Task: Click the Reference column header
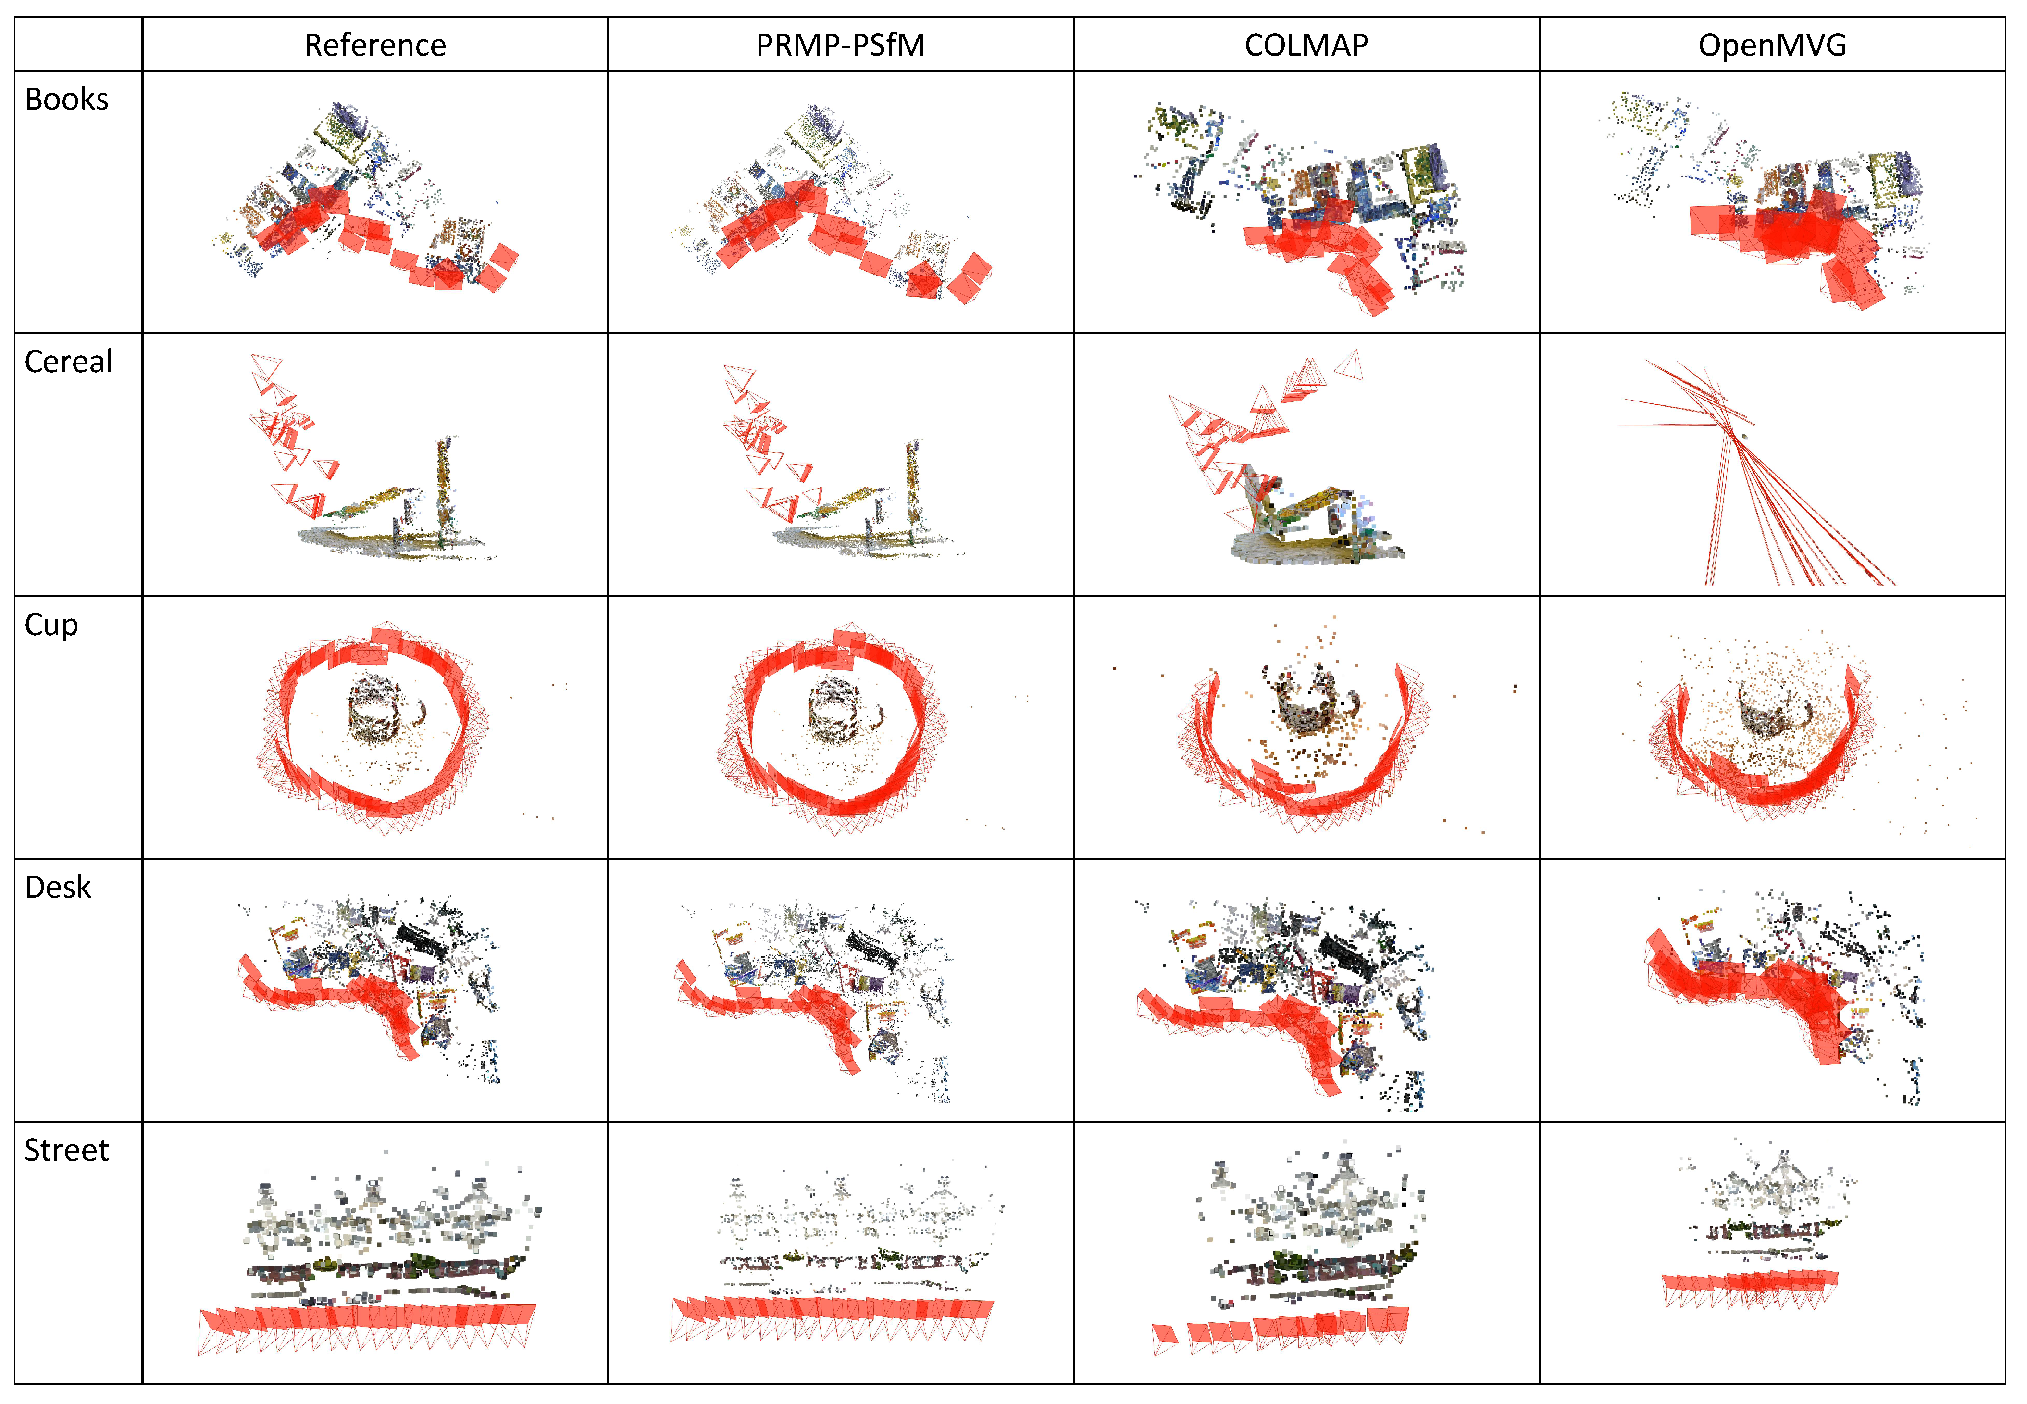coord(374,45)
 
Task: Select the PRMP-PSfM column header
coord(841,45)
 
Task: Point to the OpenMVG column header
coord(1772,45)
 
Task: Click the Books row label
coord(67,100)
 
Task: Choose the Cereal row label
coord(69,362)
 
